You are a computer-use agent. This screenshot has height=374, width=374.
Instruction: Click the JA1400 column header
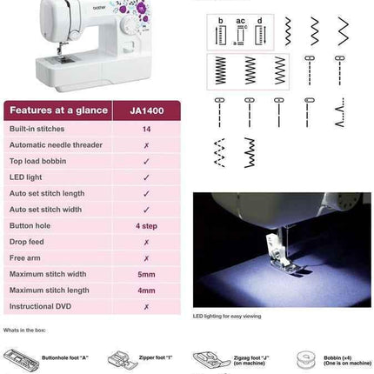tap(146, 110)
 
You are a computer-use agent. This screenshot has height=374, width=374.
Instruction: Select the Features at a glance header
tap(57, 110)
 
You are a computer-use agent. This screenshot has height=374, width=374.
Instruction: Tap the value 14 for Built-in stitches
tap(146, 129)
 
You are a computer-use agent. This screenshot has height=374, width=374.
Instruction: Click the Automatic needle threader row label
tap(56, 144)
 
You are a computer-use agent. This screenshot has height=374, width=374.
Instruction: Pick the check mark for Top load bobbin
tap(146, 161)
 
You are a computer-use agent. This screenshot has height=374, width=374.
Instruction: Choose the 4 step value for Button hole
tap(146, 225)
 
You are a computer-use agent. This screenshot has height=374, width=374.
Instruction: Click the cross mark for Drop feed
tap(146, 242)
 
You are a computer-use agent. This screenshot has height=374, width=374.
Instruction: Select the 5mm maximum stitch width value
tap(146, 274)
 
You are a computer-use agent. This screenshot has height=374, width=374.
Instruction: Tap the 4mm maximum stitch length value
tap(146, 291)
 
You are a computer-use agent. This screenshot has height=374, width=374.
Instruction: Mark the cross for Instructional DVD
tap(146, 306)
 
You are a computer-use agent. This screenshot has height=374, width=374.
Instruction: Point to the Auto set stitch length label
tap(47, 193)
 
